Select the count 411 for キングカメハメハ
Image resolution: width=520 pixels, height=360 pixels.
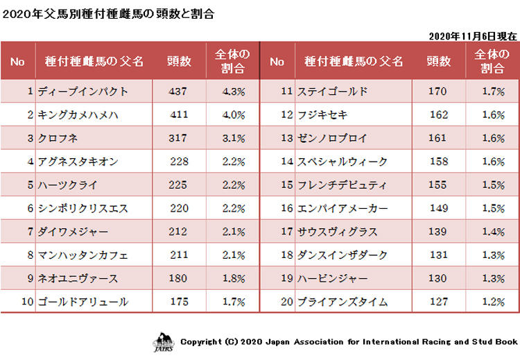[180, 114]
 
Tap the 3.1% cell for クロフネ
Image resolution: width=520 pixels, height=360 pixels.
[233, 138]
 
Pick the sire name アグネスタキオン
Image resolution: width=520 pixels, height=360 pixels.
[77, 162]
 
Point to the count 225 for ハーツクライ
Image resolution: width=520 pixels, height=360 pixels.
[180, 185]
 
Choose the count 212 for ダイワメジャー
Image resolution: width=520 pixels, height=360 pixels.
[180, 232]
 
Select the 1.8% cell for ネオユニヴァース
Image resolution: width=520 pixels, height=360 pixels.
[233, 279]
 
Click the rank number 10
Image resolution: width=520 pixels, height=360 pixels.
[28, 302]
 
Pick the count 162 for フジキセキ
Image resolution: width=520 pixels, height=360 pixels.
[439, 114]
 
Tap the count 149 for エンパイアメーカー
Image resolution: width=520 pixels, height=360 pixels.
[439, 208]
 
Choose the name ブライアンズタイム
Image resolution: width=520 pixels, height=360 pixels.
[342, 302]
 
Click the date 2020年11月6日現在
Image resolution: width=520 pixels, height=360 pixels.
[473, 35]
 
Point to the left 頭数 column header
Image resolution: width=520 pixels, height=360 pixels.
[180, 61]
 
